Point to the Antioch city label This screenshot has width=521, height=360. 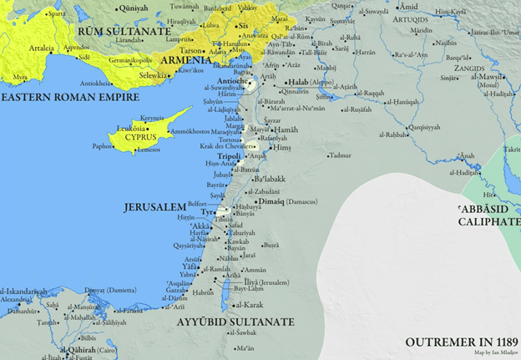tap(232, 82)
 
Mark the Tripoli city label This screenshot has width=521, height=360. tap(229, 156)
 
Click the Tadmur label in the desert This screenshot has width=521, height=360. tap(340, 155)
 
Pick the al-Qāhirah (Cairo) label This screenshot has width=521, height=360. tap(81, 351)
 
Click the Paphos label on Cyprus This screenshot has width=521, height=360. tap(102, 145)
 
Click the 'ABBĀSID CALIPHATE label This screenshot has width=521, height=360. tap(489, 216)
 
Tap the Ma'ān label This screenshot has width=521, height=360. tap(244, 347)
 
